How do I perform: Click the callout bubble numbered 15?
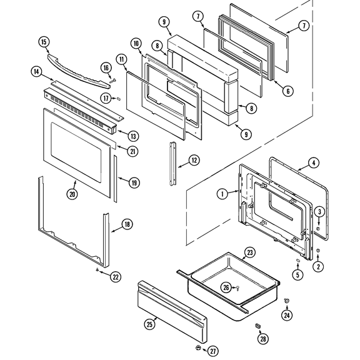tap(43, 42)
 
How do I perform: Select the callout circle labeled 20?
tap(72, 193)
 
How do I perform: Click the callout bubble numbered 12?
tap(194, 161)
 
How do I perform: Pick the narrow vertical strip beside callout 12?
tap(172, 163)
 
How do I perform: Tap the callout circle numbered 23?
tap(249, 253)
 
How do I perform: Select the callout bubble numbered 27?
tap(213, 351)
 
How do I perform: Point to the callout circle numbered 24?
tap(287, 315)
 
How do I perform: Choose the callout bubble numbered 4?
tap(314, 164)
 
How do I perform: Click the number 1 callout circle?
tap(221, 194)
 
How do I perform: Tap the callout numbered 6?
tap(287, 91)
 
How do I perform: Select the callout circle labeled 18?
tap(127, 224)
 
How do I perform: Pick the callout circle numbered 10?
tap(136, 44)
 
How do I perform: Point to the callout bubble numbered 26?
tap(226, 287)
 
